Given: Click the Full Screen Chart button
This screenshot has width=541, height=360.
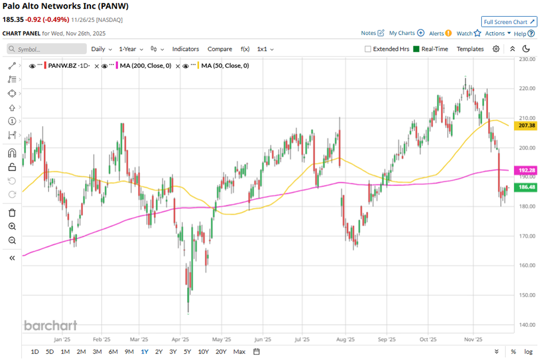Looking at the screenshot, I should tap(509, 22).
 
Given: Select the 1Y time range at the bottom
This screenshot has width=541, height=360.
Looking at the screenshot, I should tap(144, 351).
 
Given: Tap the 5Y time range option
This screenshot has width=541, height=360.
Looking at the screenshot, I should tap(187, 351).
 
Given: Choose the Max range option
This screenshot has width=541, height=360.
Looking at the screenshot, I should tap(239, 351).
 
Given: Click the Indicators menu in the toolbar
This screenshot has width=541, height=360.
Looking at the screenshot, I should tap(185, 49).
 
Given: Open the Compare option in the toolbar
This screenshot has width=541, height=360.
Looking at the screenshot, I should tap(219, 49).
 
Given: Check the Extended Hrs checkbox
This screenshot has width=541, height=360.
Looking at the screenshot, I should tap(368, 49).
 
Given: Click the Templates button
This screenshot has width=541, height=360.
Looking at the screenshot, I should tap(470, 49).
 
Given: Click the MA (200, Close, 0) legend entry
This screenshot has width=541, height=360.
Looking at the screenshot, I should tap(144, 66).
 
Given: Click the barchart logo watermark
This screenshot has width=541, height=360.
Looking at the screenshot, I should tap(50, 325).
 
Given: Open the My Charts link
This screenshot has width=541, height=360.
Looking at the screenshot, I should tap(406, 33).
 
